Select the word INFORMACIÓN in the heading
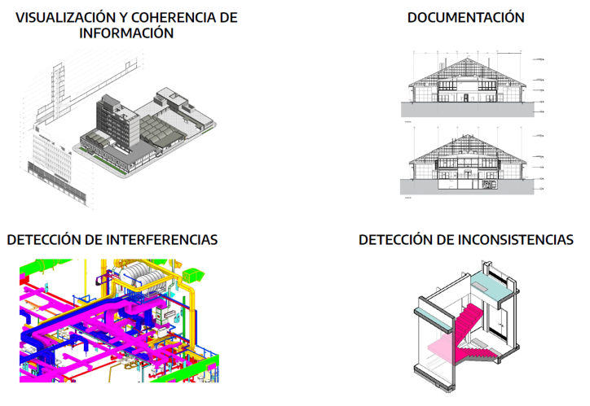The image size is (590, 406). click(126, 34)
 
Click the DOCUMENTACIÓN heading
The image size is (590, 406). click(466, 18)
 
